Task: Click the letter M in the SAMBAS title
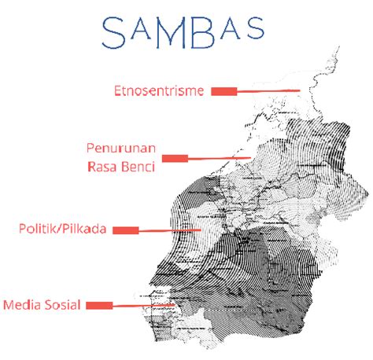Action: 171,31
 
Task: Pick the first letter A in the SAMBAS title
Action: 142,32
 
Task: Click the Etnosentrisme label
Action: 158,91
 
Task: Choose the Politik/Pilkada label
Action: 64,229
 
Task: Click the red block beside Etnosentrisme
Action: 223,91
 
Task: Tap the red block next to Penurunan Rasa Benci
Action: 175,158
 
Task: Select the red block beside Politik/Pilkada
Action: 126,230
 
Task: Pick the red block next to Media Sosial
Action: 98,305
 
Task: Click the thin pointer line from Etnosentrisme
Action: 268,91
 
